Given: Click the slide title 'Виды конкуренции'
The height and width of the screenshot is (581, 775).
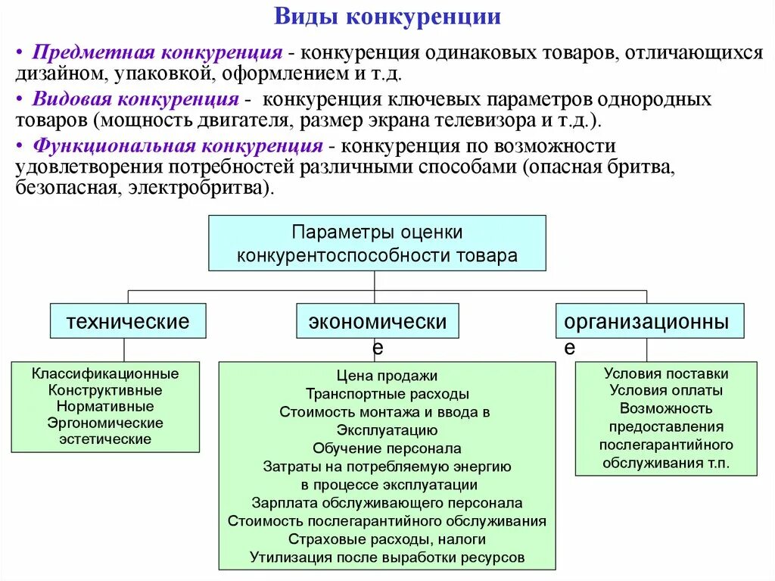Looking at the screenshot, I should (387, 17).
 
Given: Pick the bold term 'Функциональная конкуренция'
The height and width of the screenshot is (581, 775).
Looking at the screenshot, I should (178, 146).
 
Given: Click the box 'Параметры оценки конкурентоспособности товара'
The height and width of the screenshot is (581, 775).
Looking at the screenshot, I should (377, 243).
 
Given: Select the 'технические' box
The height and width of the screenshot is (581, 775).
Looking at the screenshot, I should (128, 321).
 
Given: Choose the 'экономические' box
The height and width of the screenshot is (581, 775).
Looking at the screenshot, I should (377, 322).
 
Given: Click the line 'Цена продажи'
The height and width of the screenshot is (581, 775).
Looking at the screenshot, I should (387, 376).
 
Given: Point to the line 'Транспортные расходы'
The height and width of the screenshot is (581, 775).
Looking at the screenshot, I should (387, 394).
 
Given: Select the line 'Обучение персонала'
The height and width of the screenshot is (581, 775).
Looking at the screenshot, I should (387, 448).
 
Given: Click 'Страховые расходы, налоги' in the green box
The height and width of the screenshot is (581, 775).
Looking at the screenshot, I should (387, 539).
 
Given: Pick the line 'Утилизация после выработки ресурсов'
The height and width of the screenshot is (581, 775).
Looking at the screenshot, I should (387, 558).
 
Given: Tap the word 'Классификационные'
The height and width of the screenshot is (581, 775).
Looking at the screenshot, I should (105, 373).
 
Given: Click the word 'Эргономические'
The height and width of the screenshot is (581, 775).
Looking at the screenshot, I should (105, 423).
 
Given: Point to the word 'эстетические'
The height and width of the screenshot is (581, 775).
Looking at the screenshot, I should (105, 439).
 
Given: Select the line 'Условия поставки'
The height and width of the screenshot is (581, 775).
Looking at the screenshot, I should (666, 373).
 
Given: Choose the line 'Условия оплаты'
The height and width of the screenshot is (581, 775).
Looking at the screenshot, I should (666, 391).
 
